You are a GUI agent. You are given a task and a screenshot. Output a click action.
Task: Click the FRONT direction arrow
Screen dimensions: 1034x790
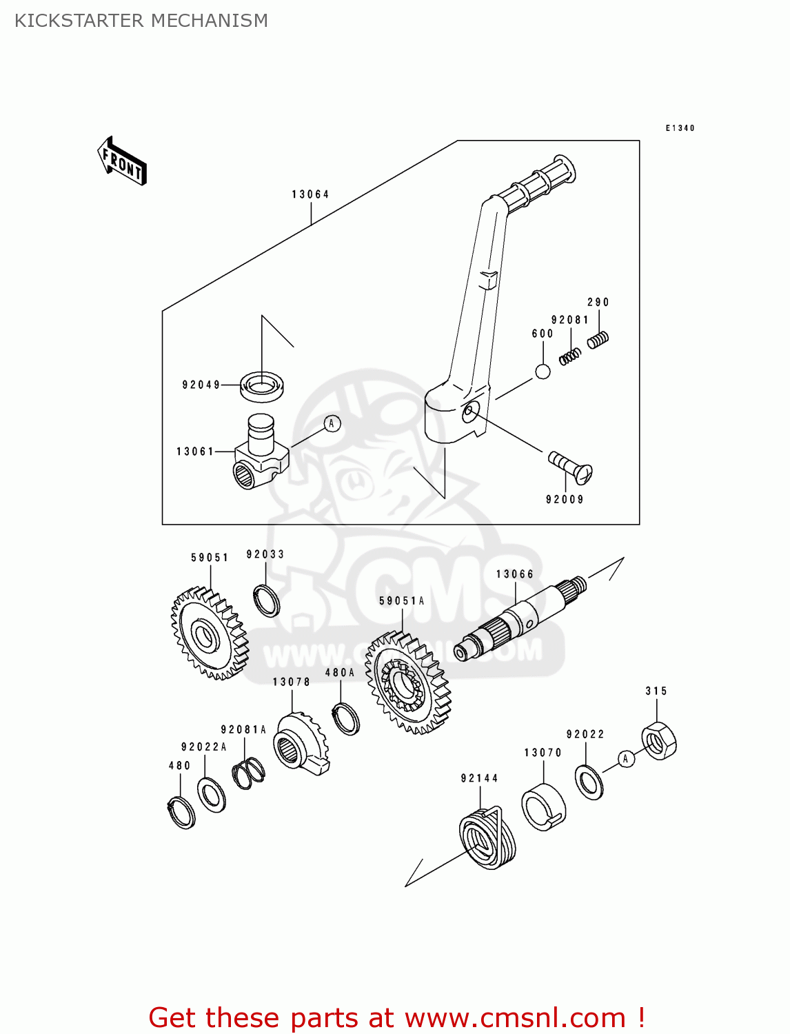122,161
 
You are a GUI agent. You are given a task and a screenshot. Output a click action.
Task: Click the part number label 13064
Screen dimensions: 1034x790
310,194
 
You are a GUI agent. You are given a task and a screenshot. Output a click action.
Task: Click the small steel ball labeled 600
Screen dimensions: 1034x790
543,372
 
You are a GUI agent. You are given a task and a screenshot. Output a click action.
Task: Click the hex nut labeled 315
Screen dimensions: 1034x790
659,741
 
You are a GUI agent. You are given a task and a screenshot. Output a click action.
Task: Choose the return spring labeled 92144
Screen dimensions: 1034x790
487,838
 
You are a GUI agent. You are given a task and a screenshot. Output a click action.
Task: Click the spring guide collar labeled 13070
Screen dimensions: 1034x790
543,807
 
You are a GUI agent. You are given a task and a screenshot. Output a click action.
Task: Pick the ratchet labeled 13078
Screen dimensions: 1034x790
301,744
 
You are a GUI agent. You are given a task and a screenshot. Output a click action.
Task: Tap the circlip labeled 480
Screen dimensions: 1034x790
181,812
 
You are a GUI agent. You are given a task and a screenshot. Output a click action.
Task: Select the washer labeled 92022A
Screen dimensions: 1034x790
211,794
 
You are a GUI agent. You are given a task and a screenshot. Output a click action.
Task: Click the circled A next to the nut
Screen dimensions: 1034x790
625,759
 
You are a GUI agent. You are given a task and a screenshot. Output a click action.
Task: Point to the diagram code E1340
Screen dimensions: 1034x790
680,128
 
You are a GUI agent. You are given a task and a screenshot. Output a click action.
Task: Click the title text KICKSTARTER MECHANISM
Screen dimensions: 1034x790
141,21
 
